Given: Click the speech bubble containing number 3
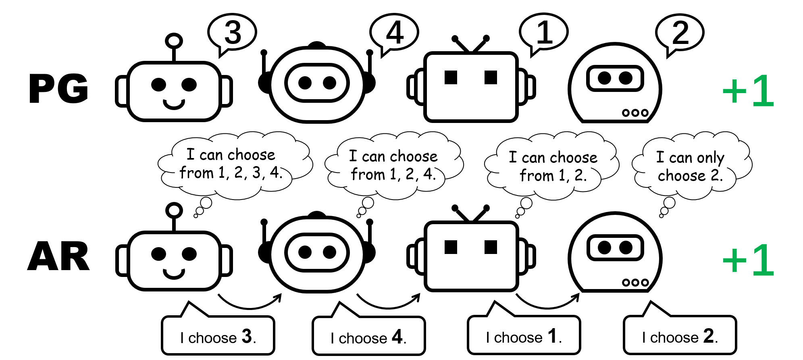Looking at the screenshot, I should (232, 32).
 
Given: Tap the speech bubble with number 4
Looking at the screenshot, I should (394, 32).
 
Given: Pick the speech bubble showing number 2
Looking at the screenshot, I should (680, 32).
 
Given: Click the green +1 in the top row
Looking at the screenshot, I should (748, 91).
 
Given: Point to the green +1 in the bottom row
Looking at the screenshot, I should (748, 260).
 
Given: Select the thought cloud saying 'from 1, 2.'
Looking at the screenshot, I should (552, 166).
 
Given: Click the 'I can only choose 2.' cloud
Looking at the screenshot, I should (691, 166).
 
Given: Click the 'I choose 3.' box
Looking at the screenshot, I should (218, 336).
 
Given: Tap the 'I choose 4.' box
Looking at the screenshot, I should (368, 336).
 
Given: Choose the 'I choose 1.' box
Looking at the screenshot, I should (524, 335).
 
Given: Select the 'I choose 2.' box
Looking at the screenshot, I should (680, 335).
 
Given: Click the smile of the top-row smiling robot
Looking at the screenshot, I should (174, 104).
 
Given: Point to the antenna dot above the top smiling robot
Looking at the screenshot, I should (174, 41).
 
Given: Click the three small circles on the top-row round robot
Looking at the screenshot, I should (635, 113).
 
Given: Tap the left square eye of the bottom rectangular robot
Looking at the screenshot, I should (451, 247).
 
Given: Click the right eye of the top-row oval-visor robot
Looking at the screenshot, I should (329, 83).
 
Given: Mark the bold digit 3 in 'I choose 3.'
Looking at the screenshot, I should (247, 336).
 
